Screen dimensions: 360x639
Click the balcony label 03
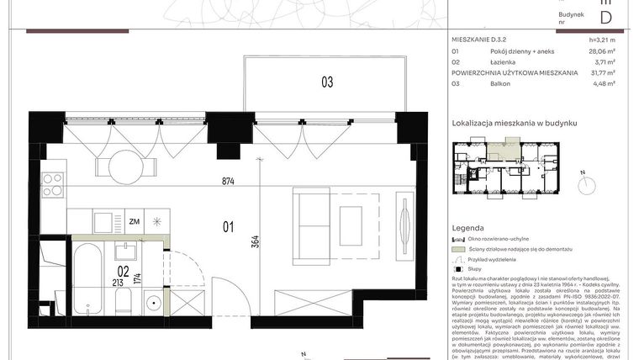point(326,82)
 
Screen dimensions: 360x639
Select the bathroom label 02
point(123,272)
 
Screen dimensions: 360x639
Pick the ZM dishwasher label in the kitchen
point(134,222)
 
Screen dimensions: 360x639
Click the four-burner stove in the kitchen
point(53,184)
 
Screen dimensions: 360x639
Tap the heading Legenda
point(467,228)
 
